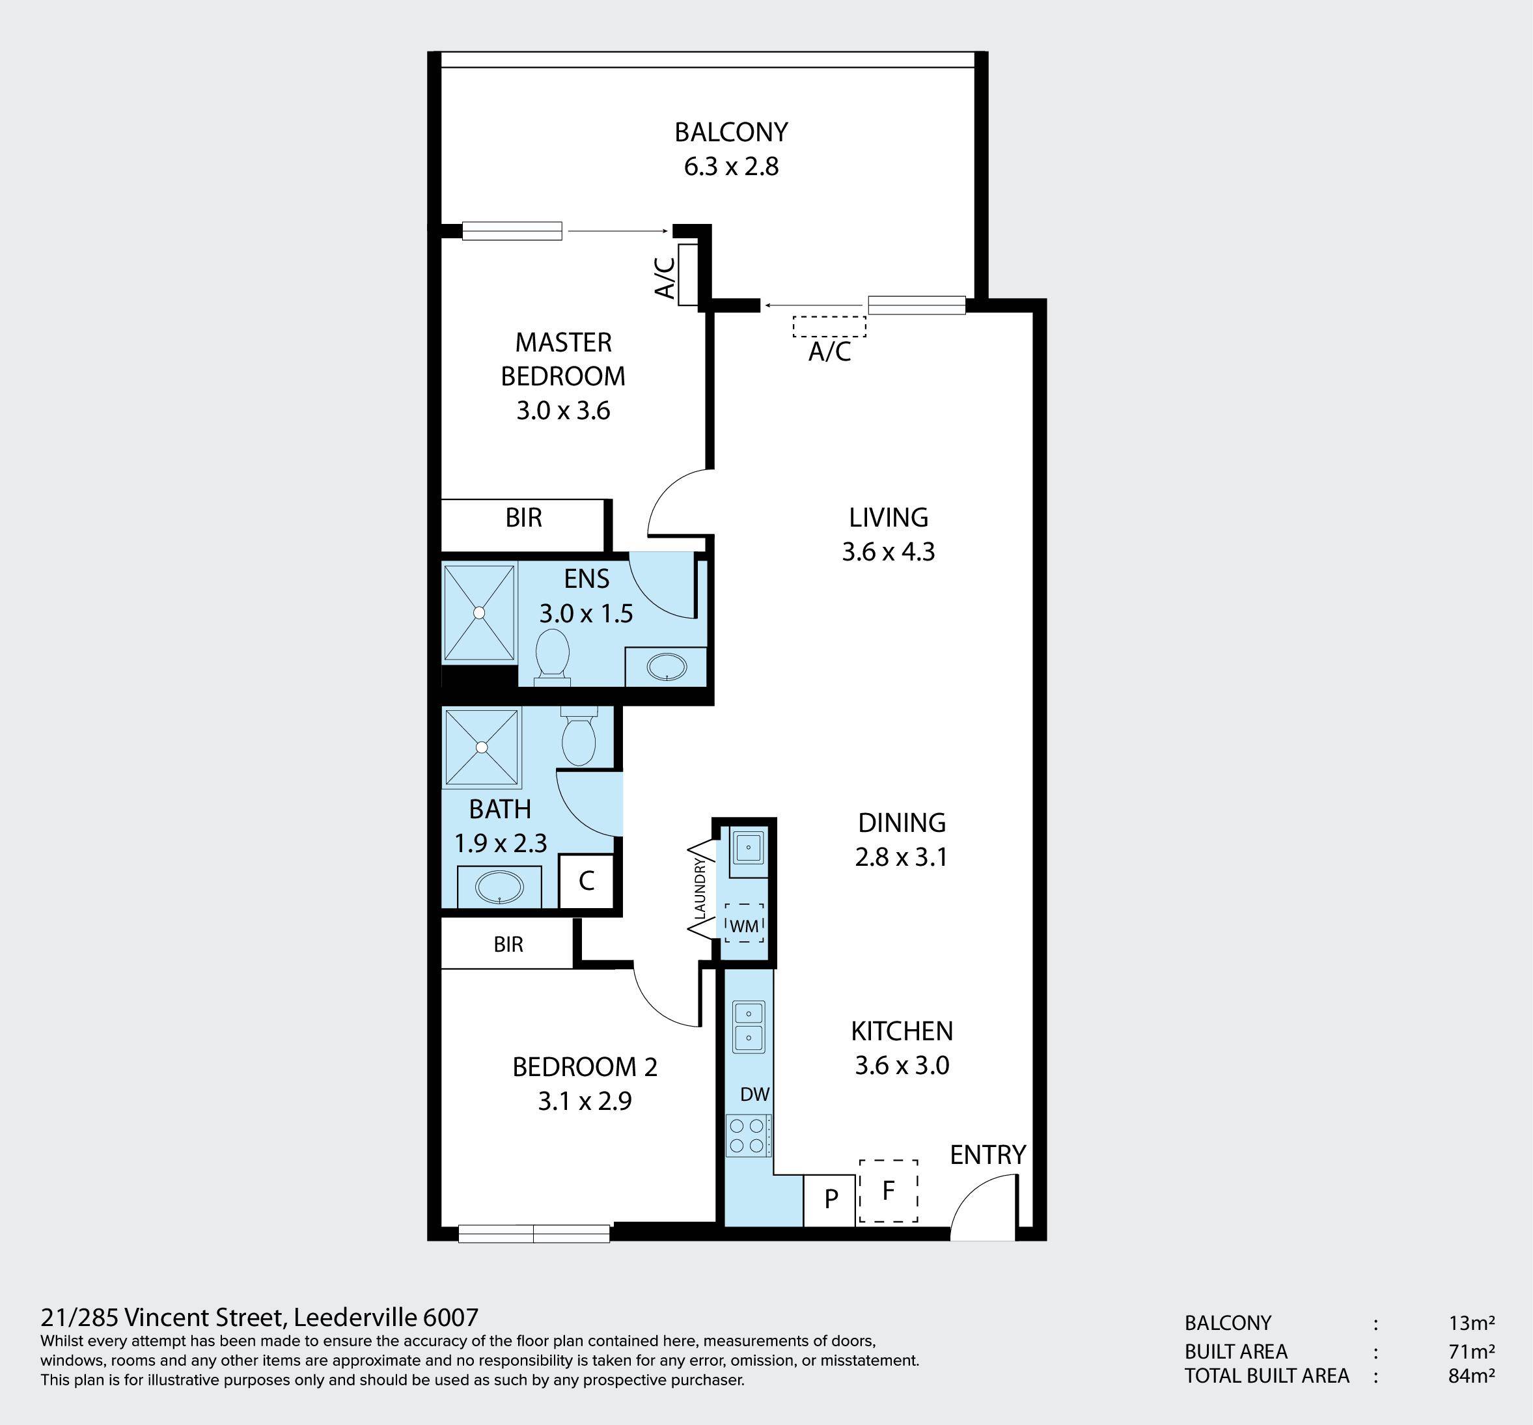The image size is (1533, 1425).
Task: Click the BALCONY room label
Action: [x=731, y=133]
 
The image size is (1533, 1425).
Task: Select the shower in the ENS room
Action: [x=479, y=613]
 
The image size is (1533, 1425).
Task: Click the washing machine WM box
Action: [x=744, y=923]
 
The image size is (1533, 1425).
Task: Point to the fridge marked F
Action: [x=889, y=1191]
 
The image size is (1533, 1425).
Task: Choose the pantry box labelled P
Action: [x=830, y=1200]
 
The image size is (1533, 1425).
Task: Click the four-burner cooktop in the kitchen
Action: [x=747, y=1136]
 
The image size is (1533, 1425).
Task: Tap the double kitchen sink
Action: [x=748, y=1028]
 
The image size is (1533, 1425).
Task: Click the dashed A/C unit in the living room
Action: [x=829, y=326]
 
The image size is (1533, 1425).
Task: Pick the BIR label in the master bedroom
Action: [x=523, y=518]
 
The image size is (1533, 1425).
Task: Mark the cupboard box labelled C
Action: [x=586, y=881]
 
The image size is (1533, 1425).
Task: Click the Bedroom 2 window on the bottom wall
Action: [x=534, y=1234]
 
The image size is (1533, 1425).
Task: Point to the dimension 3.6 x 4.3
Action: [x=889, y=552]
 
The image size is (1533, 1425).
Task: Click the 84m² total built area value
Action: [x=1471, y=1376]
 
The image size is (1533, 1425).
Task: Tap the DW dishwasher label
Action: [x=755, y=1094]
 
